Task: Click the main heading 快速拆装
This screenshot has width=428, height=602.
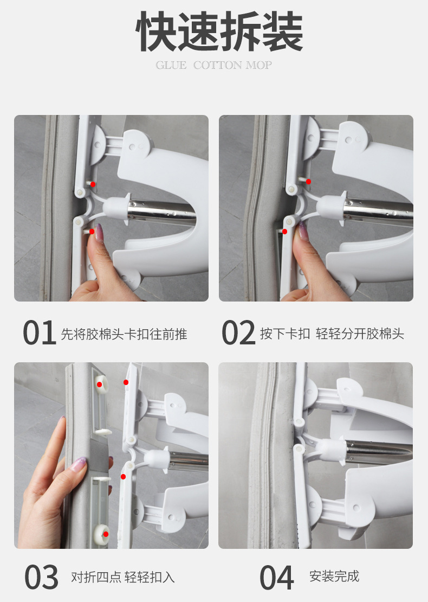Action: click(219, 31)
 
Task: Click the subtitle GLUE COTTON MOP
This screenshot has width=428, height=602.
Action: click(213, 65)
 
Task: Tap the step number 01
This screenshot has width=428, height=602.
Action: click(38, 332)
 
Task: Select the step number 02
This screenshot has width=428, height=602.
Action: click(238, 332)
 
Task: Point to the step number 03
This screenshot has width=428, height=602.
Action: click(41, 577)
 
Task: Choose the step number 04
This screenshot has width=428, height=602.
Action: click(277, 577)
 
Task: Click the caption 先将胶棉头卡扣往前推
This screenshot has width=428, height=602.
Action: click(124, 334)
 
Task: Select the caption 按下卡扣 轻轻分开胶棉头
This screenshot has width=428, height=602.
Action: click(332, 334)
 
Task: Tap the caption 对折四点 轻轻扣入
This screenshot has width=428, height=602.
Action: click(123, 577)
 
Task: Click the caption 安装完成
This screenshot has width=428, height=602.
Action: click(334, 577)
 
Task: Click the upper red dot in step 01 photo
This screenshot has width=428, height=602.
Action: click(93, 184)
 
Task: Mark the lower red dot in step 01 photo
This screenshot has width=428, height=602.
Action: click(92, 232)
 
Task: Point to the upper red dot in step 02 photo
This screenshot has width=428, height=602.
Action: click(308, 182)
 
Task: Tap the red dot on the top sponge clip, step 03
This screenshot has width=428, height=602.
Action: click(99, 385)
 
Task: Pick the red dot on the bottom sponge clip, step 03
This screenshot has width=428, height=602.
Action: click(106, 534)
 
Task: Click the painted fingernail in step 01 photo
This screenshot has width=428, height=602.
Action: click(99, 233)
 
